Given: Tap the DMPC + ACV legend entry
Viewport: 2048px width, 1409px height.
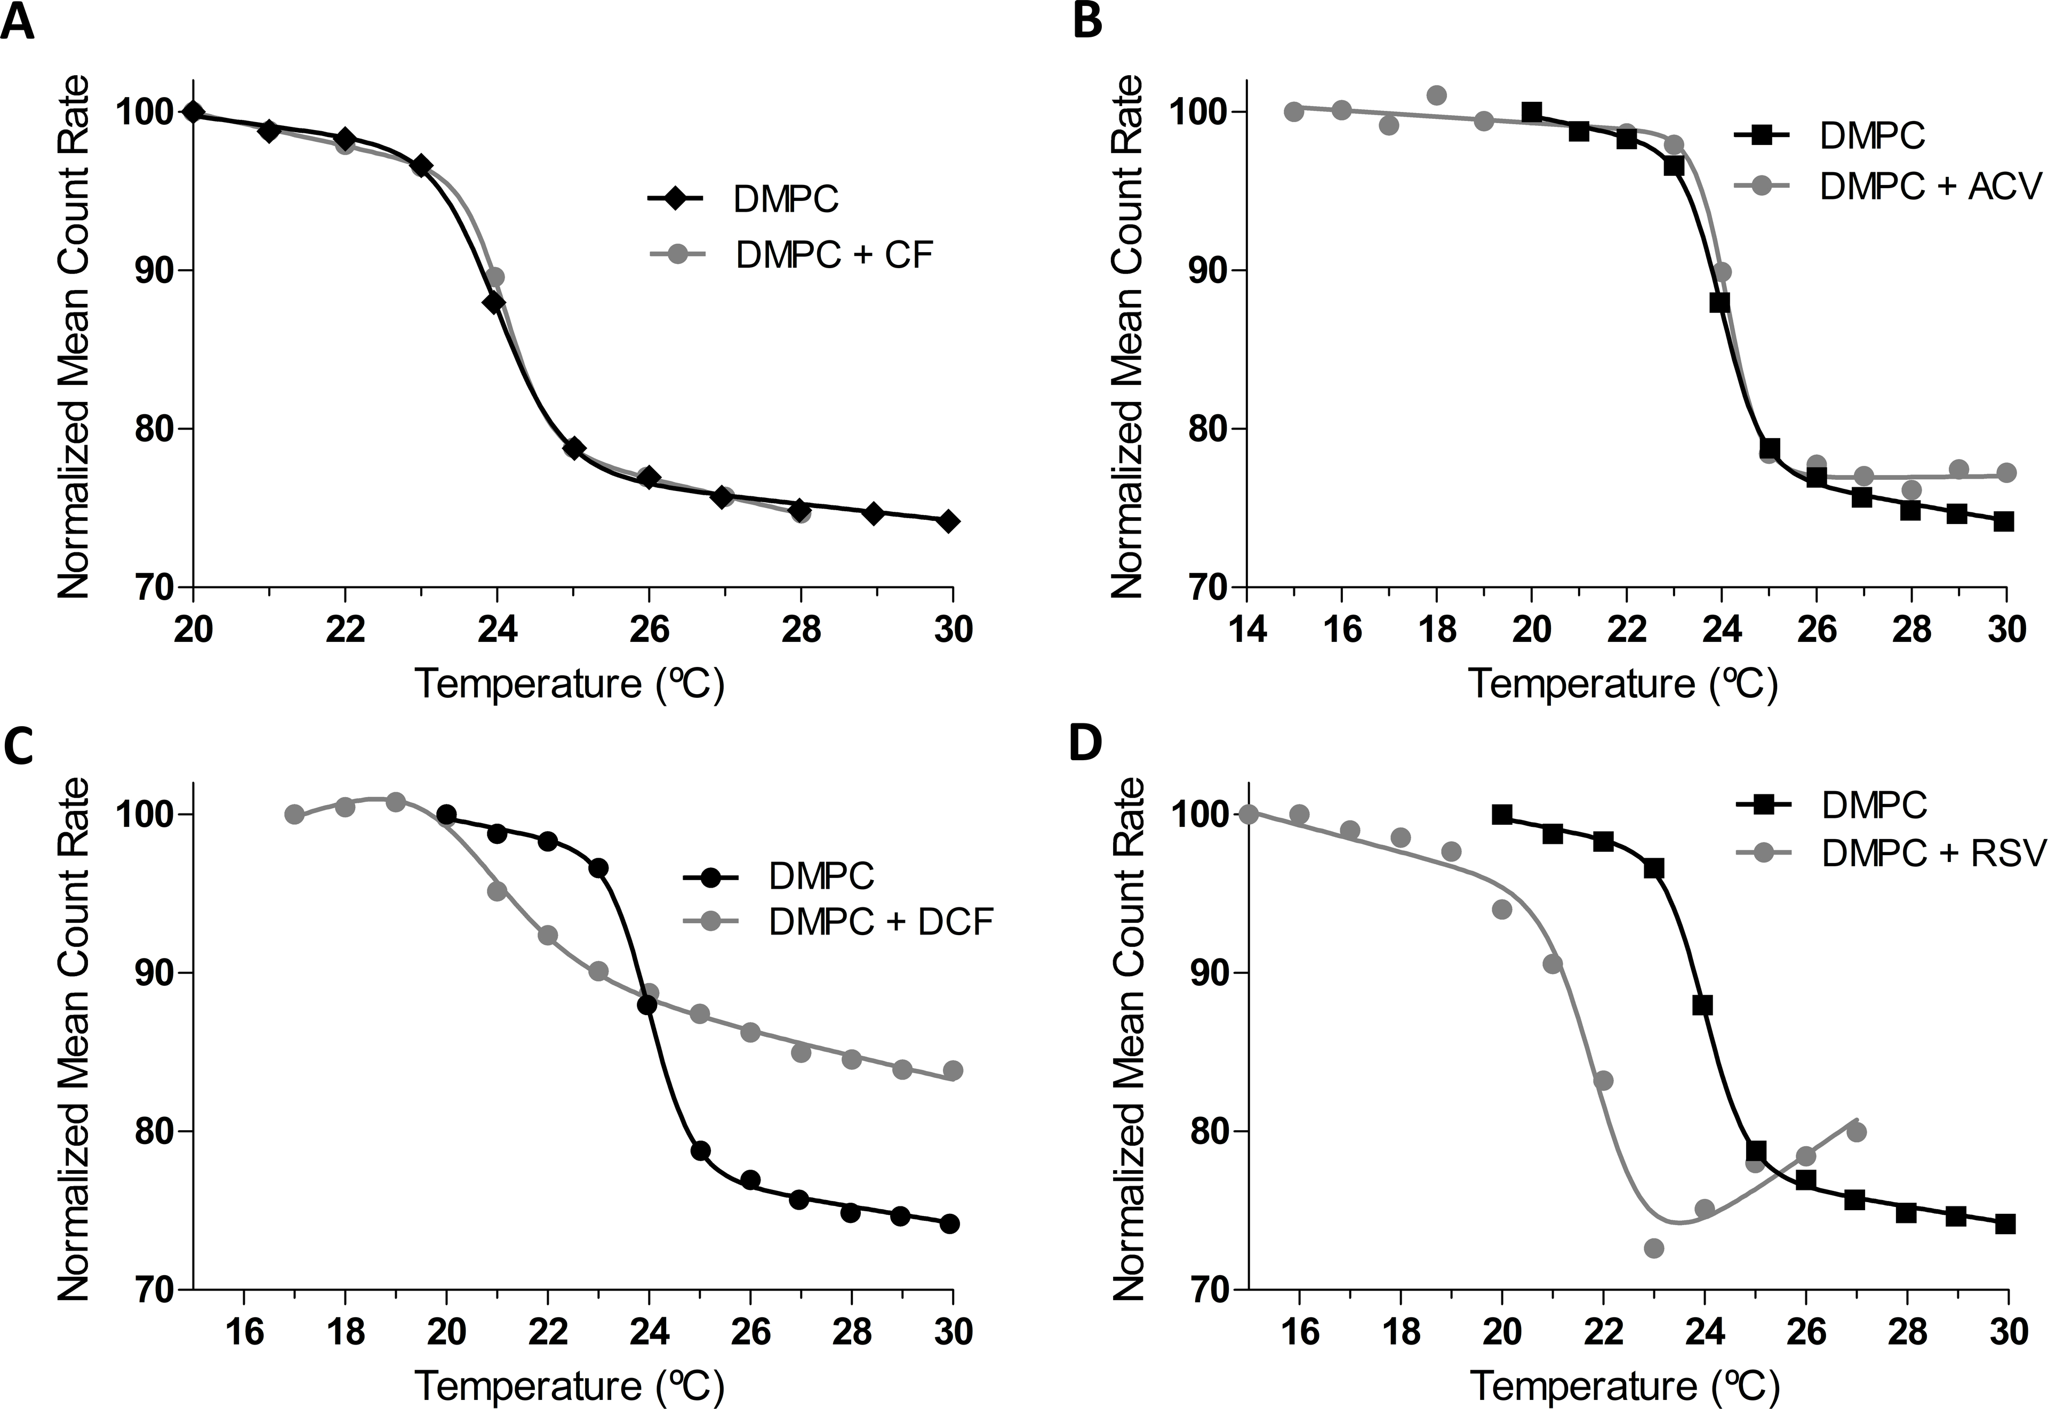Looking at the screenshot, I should [1932, 186].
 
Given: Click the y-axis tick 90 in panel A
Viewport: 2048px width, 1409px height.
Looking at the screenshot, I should [153, 270].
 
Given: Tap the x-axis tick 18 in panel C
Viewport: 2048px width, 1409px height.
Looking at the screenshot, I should [345, 1332].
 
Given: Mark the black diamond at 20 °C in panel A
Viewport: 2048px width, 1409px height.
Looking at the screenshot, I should [194, 112].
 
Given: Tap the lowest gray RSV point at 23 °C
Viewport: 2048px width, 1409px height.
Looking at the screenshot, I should [1654, 1247].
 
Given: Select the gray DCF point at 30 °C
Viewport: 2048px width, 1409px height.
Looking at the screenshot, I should [952, 1070].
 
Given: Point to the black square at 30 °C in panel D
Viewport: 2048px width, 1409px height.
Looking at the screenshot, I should [2006, 1223].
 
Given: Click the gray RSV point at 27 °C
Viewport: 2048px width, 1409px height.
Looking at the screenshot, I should [1857, 1132].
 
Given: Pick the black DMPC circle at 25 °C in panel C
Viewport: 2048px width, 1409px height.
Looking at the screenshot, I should [700, 1150].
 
